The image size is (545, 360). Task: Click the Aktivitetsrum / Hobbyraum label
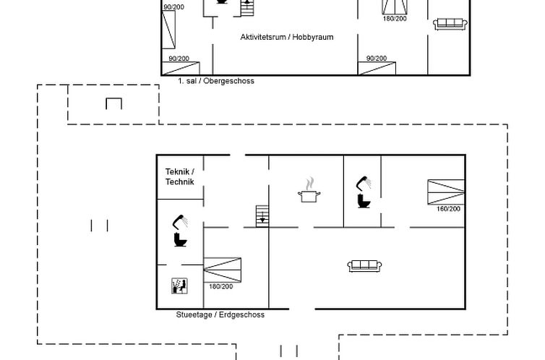tap(287, 37)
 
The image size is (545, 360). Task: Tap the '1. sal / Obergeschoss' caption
tap(216, 81)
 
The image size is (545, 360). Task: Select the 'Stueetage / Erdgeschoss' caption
tap(220, 315)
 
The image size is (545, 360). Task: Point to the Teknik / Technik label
tap(180, 176)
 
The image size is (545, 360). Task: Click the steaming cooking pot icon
tap(309, 190)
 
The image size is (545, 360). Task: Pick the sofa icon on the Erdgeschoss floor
tap(364, 266)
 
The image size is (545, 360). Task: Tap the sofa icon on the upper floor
tap(450, 24)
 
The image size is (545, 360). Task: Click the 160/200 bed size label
tap(448, 209)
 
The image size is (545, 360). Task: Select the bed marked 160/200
tap(446, 192)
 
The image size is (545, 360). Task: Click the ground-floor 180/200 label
tap(220, 287)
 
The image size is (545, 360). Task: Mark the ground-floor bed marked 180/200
tap(222, 270)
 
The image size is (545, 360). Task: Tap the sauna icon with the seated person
tap(180, 286)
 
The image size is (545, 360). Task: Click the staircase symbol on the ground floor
tap(262, 216)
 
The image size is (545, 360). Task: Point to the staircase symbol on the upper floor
tap(247, 8)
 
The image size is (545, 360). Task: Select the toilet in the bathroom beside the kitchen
tap(364, 201)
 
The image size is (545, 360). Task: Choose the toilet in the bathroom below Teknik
tap(181, 240)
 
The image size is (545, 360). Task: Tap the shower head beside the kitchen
tap(364, 184)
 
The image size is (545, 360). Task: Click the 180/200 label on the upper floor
tap(395, 19)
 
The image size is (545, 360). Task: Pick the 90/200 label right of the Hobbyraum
tap(377, 59)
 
